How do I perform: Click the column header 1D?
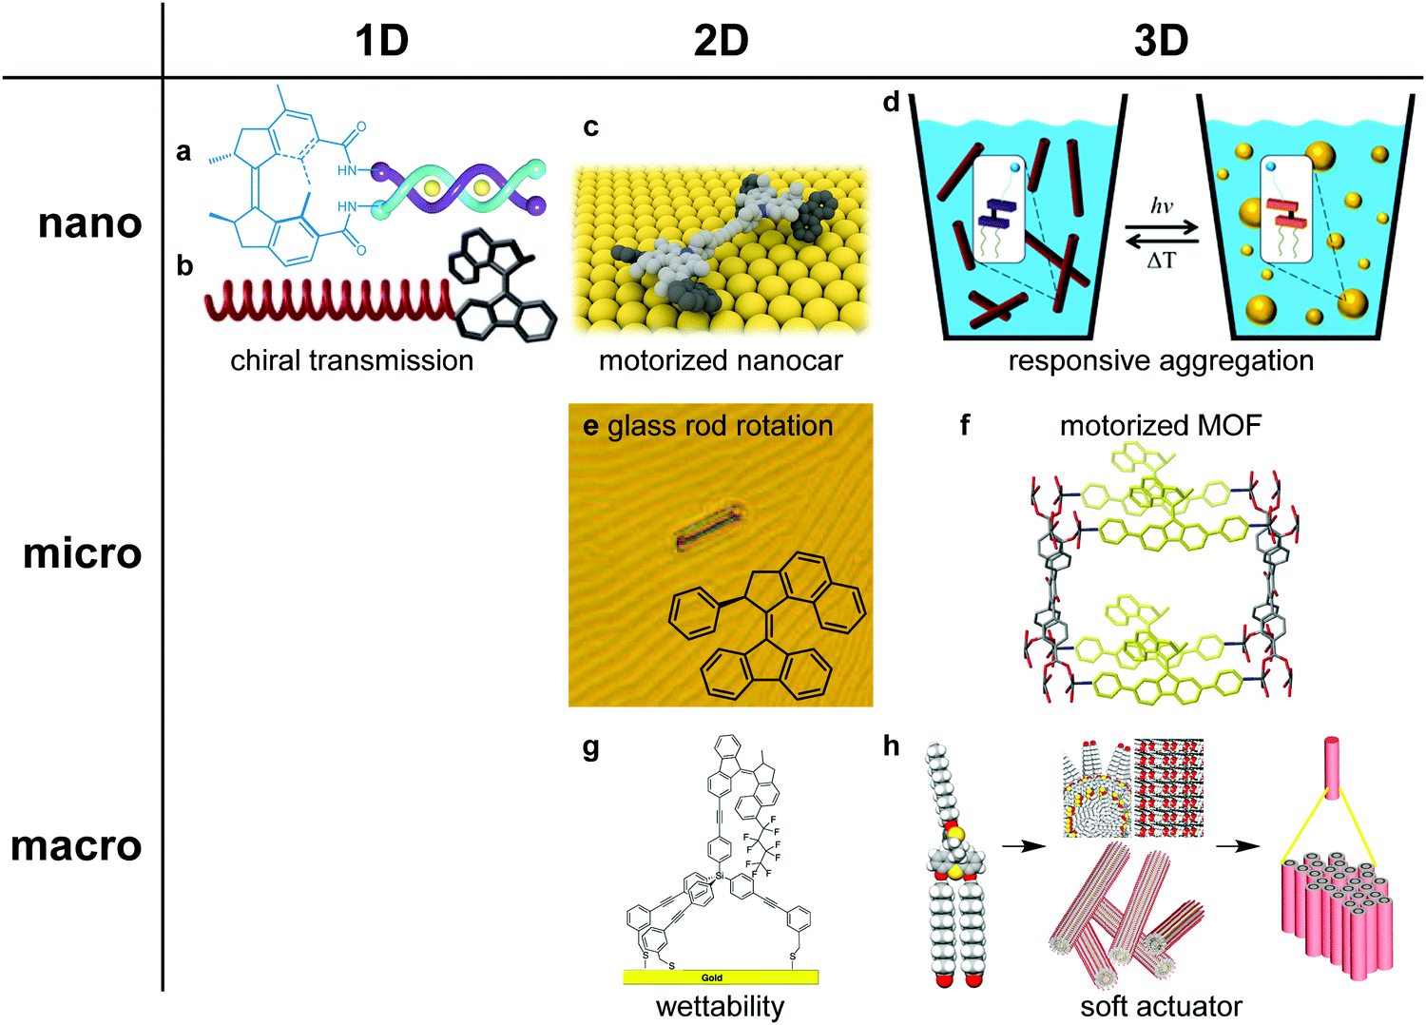(x=381, y=41)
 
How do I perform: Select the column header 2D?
(x=721, y=41)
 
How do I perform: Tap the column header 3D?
(x=1161, y=41)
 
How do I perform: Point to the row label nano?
(x=90, y=223)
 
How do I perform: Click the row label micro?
(x=83, y=553)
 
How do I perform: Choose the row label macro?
(x=76, y=845)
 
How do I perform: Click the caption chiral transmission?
(x=352, y=360)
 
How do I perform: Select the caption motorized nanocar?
(x=721, y=360)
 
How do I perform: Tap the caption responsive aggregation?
(x=1161, y=360)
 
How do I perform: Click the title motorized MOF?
(x=1160, y=425)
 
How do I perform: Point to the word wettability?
(x=720, y=1006)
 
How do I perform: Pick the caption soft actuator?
(x=1161, y=1006)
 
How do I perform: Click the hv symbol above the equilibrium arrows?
(x=1162, y=206)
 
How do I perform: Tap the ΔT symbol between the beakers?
(x=1162, y=260)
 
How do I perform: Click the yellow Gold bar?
(x=720, y=977)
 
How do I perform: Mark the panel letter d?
(x=891, y=102)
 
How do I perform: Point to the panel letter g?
(x=590, y=748)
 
